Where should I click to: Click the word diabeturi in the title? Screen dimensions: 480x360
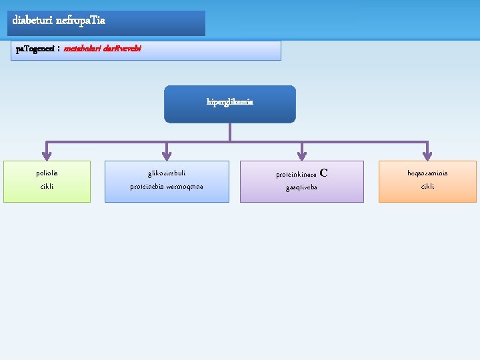pyautogui.click(x=33, y=21)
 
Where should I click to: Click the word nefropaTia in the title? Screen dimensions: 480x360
pyautogui.click(x=81, y=21)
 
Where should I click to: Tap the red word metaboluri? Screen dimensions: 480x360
pyautogui.click(x=83, y=49)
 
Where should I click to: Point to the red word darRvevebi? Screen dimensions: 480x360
pyautogui.click(x=123, y=49)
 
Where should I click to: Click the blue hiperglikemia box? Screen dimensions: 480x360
pyautogui.click(x=229, y=104)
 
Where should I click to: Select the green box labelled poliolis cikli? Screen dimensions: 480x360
pyautogui.click(x=47, y=181)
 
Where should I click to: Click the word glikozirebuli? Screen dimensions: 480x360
pyautogui.click(x=167, y=173)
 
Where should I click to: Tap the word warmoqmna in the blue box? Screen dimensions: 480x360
pyautogui.click(x=185, y=187)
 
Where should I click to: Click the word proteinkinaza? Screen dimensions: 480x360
pyautogui.click(x=296, y=175)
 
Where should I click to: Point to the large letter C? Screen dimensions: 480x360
pyautogui.click(x=324, y=173)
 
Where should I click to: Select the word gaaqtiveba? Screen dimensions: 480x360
pyautogui.click(x=301, y=187)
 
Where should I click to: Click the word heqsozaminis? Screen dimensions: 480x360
pyautogui.click(x=427, y=173)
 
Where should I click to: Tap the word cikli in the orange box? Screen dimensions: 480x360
pyautogui.click(x=427, y=187)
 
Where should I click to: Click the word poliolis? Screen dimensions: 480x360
pyautogui.click(x=47, y=173)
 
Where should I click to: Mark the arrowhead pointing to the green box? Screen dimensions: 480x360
pyautogui.click(x=46, y=156)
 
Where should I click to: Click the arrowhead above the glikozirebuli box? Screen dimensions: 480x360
pyautogui.click(x=167, y=156)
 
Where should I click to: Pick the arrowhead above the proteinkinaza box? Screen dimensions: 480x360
pyautogui.click(x=302, y=156)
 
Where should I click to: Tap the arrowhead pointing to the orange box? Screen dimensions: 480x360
pyautogui.click(x=427, y=156)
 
